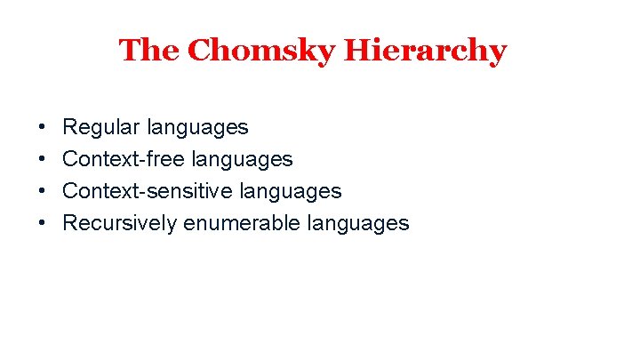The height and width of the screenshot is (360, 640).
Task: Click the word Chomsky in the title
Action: tap(262, 51)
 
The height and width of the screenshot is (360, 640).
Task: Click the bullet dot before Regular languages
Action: tap(44, 128)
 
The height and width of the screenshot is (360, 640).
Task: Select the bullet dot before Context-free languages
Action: tap(44, 160)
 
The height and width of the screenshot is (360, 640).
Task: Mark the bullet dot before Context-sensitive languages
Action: tap(44, 191)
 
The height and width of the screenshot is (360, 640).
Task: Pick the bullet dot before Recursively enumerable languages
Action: tap(44, 223)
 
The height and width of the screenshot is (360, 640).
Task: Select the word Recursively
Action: tap(120, 223)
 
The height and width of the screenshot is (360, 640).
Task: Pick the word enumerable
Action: tap(242, 223)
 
